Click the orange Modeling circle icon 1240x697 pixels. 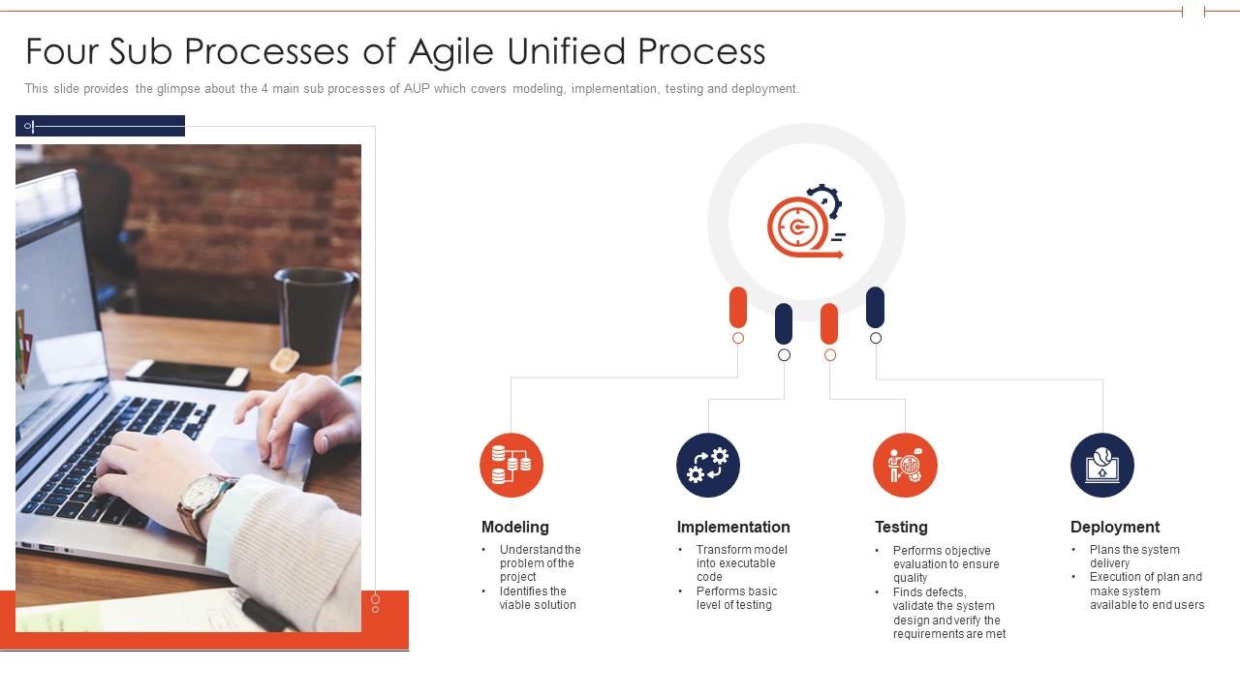tap(511, 466)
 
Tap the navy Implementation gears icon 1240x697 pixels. tap(708, 466)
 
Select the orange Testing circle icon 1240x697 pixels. tap(905, 466)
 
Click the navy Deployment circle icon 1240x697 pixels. tap(1102, 466)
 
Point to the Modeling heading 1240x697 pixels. tap(515, 527)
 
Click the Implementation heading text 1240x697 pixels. tap(733, 527)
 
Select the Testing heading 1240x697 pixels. tap(901, 527)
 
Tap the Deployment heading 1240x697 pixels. tap(1115, 527)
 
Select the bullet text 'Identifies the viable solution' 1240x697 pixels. tap(538, 598)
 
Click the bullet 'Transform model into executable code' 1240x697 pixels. tap(741, 563)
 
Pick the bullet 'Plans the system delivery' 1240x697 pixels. tap(1133, 557)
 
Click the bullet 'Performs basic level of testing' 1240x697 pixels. tap(736, 598)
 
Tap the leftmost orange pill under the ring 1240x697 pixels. tap(738, 307)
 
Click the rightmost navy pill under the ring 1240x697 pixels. tap(875, 307)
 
